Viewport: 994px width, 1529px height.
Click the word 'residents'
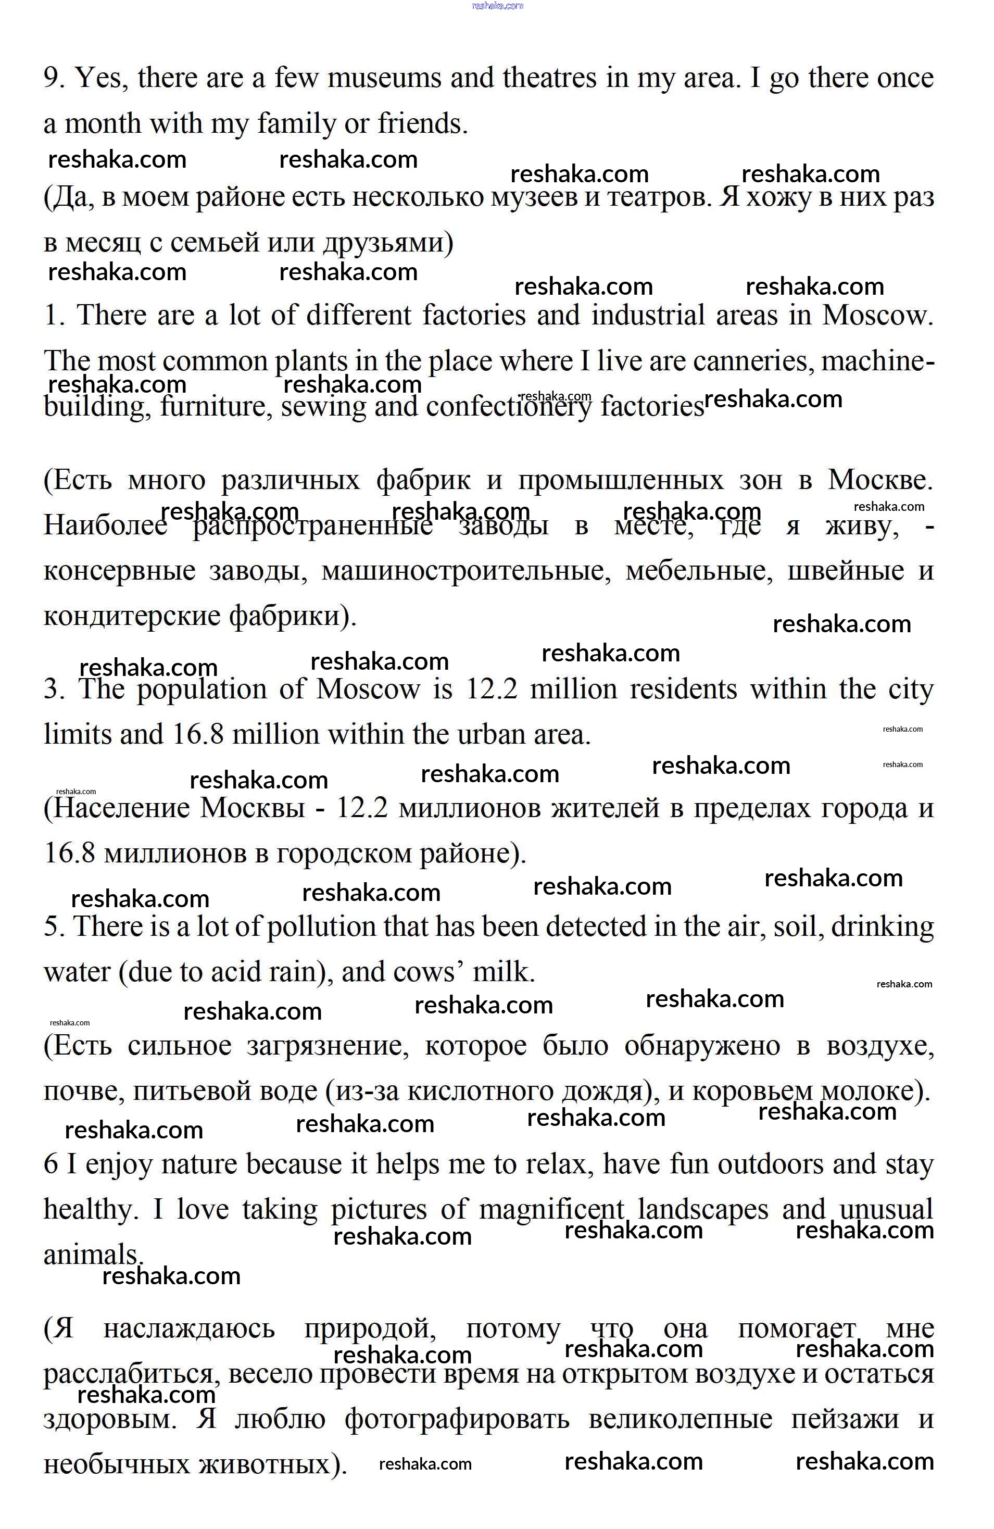[x=684, y=690]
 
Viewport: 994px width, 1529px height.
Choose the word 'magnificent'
[x=551, y=1210]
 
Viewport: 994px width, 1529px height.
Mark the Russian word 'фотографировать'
[x=457, y=1419]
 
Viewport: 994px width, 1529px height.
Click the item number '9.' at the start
[x=54, y=79]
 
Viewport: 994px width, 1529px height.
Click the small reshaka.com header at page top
[x=497, y=6]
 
